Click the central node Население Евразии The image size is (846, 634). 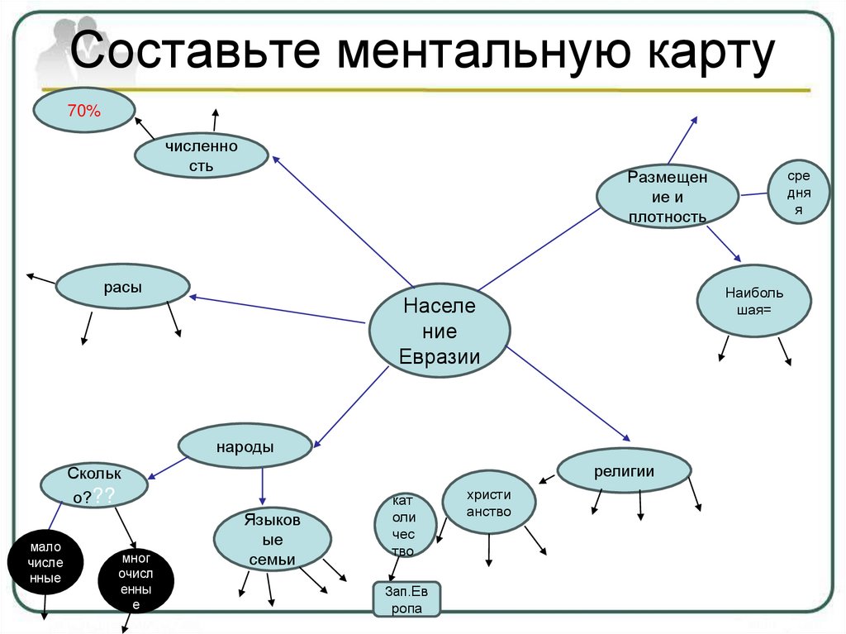[439, 331]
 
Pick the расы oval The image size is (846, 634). [122, 287]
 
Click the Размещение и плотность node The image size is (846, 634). [667, 197]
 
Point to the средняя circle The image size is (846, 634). [799, 193]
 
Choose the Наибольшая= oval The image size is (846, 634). [753, 301]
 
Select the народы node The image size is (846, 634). [245, 446]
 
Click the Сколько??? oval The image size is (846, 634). [94, 485]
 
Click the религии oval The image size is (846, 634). [624, 471]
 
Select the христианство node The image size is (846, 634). [488, 503]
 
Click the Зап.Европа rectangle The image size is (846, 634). [404, 599]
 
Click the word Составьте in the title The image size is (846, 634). [196, 51]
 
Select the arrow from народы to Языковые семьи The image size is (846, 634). [263, 487]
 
